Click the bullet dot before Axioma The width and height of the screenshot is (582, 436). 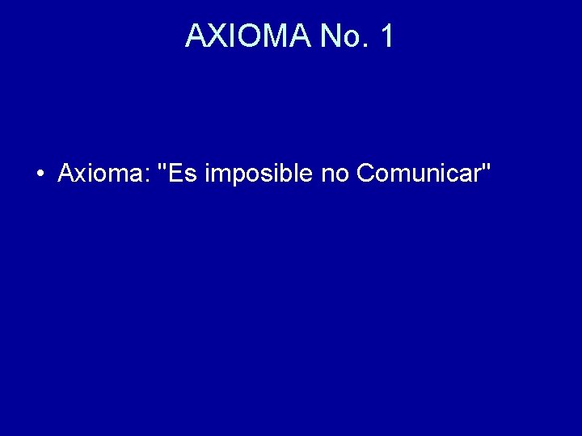40,174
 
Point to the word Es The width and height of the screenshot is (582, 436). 183,173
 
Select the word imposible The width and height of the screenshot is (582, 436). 259,174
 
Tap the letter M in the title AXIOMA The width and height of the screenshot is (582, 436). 276,36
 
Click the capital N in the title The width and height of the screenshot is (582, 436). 330,36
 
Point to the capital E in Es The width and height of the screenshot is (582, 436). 178,173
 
